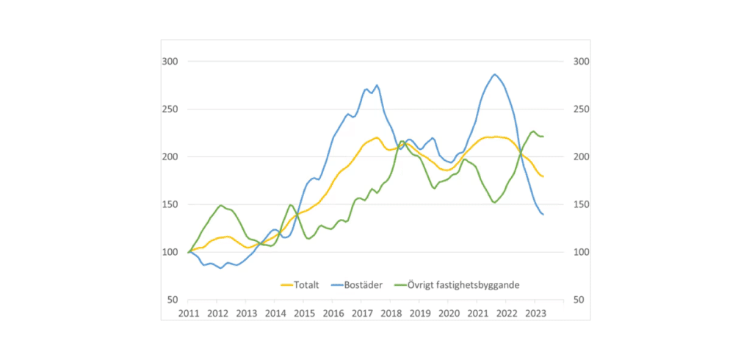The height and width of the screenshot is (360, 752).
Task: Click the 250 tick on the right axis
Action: coord(579,109)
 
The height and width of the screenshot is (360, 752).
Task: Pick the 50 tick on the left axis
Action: coord(171,300)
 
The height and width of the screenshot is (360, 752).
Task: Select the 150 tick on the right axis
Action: coord(579,205)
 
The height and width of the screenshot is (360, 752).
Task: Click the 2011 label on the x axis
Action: coord(189,313)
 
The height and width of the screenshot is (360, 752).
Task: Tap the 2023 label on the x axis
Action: coord(536,313)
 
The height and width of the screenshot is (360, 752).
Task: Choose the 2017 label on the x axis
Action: coord(362,313)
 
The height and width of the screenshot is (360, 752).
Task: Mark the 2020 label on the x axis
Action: coord(449,313)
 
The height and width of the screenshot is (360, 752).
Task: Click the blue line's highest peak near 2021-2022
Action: coord(495,74)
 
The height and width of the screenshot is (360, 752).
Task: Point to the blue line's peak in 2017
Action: coord(377,85)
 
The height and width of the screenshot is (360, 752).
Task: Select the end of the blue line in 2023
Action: coord(543,214)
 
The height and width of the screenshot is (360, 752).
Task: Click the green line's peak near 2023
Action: coord(533,132)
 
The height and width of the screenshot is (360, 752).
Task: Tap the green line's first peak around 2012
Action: coord(220,206)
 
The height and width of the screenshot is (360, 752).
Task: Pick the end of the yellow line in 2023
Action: coord(543,176)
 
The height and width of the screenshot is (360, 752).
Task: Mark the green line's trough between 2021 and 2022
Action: coord(494,202)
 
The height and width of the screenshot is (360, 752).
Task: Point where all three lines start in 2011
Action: coord(189,252)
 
